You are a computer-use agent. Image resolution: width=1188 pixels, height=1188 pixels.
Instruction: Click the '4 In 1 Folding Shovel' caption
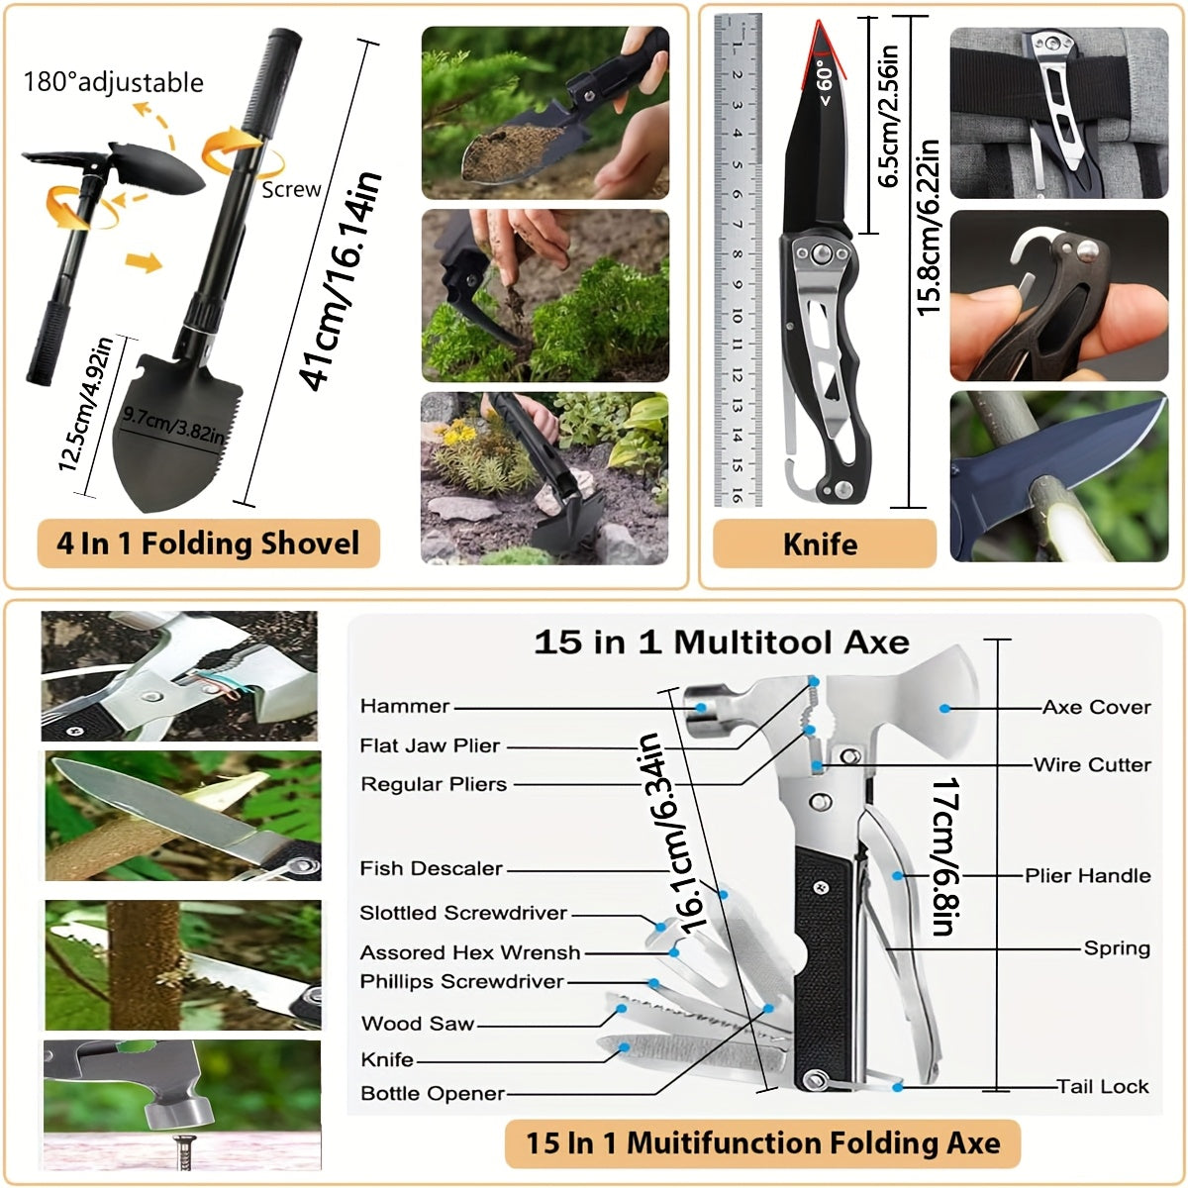click(208, 544)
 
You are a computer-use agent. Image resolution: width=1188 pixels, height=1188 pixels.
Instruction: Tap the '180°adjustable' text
click(114, 82)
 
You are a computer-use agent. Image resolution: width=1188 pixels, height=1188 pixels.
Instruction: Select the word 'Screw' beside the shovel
click(291, 189)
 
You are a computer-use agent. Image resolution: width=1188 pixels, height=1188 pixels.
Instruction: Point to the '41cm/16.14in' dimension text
click(341, 281)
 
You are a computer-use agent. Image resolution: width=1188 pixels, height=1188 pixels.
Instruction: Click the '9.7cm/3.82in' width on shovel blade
click(173, 425)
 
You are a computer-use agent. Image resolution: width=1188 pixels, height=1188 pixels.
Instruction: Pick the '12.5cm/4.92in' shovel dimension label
click(85, 404)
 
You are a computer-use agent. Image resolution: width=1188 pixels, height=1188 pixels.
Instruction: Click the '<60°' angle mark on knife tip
click(826, 82)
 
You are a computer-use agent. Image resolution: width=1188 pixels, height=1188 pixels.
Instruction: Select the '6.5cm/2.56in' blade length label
click(888, 116)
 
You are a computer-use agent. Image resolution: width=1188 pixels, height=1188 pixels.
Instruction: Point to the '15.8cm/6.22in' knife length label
click(928, 228)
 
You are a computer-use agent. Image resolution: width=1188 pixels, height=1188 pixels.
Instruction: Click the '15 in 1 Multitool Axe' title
click(722, 642)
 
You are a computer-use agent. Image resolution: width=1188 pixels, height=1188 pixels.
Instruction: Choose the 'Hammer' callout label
click(405, 706)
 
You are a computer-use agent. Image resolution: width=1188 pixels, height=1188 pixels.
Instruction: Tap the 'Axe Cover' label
click(1096, 707)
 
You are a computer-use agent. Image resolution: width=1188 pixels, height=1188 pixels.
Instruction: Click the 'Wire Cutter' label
click(1092, 764)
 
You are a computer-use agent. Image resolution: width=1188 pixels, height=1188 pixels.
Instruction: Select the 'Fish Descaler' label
click(431, 868)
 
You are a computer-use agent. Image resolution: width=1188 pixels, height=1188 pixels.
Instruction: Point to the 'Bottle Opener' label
click(433, 1093)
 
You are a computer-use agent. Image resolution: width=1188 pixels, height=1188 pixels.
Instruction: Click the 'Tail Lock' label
click(1102, 1086)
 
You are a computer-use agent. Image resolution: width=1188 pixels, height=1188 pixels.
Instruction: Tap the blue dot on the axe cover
click(943, 709)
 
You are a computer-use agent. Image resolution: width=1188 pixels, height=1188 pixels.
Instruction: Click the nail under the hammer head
click(182, 1150)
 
